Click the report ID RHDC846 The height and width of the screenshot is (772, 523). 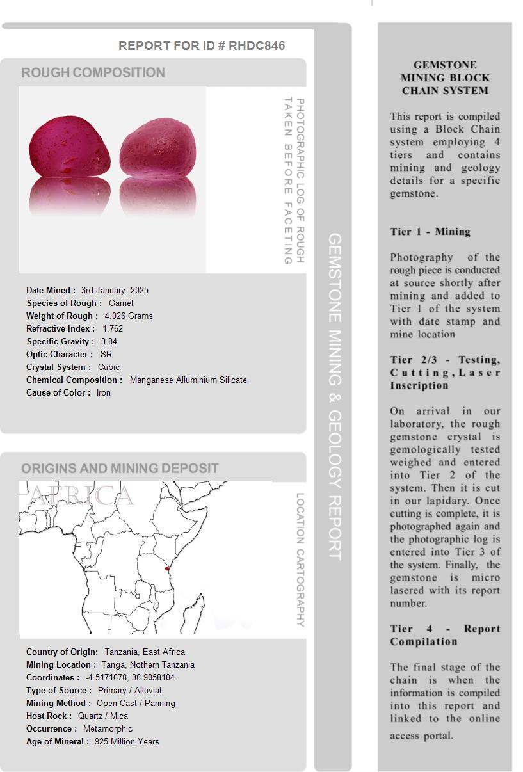point(257,45)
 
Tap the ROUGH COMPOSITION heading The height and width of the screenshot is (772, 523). point(93,72)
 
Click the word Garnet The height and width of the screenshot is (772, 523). point(121,303)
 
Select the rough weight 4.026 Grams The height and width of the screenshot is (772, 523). point(129,316)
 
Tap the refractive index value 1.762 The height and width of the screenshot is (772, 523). point(113,328)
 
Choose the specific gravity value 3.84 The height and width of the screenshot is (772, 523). point(109,341)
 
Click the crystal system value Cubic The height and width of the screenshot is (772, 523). point(109,367)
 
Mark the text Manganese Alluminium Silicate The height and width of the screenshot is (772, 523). point(188,380)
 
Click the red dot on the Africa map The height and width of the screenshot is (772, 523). point(167,568)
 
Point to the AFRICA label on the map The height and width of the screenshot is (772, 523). point(82,495)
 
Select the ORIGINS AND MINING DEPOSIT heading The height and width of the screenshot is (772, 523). point(120,468)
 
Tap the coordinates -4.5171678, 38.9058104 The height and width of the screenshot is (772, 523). point(130,677)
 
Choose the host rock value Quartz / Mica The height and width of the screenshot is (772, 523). point(103,716)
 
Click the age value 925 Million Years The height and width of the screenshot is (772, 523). point(127,741)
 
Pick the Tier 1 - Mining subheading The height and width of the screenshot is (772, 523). point(430,232)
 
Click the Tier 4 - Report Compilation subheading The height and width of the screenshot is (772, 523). point(445,635)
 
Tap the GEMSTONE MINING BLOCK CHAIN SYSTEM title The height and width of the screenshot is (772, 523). point(445,77)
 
